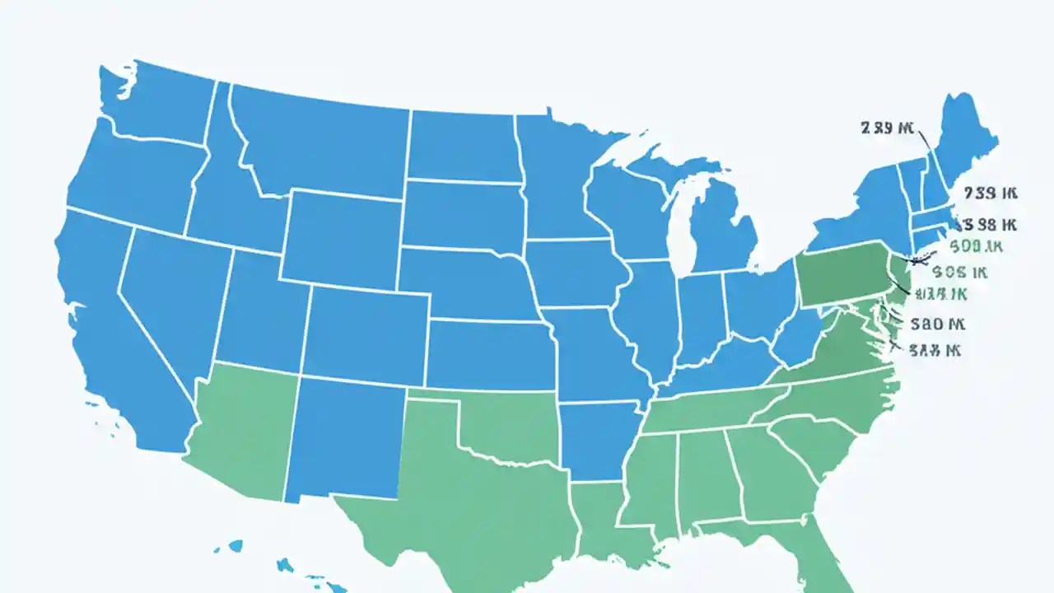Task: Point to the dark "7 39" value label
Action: coord(991,194)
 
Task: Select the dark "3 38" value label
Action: coord(989,224)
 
